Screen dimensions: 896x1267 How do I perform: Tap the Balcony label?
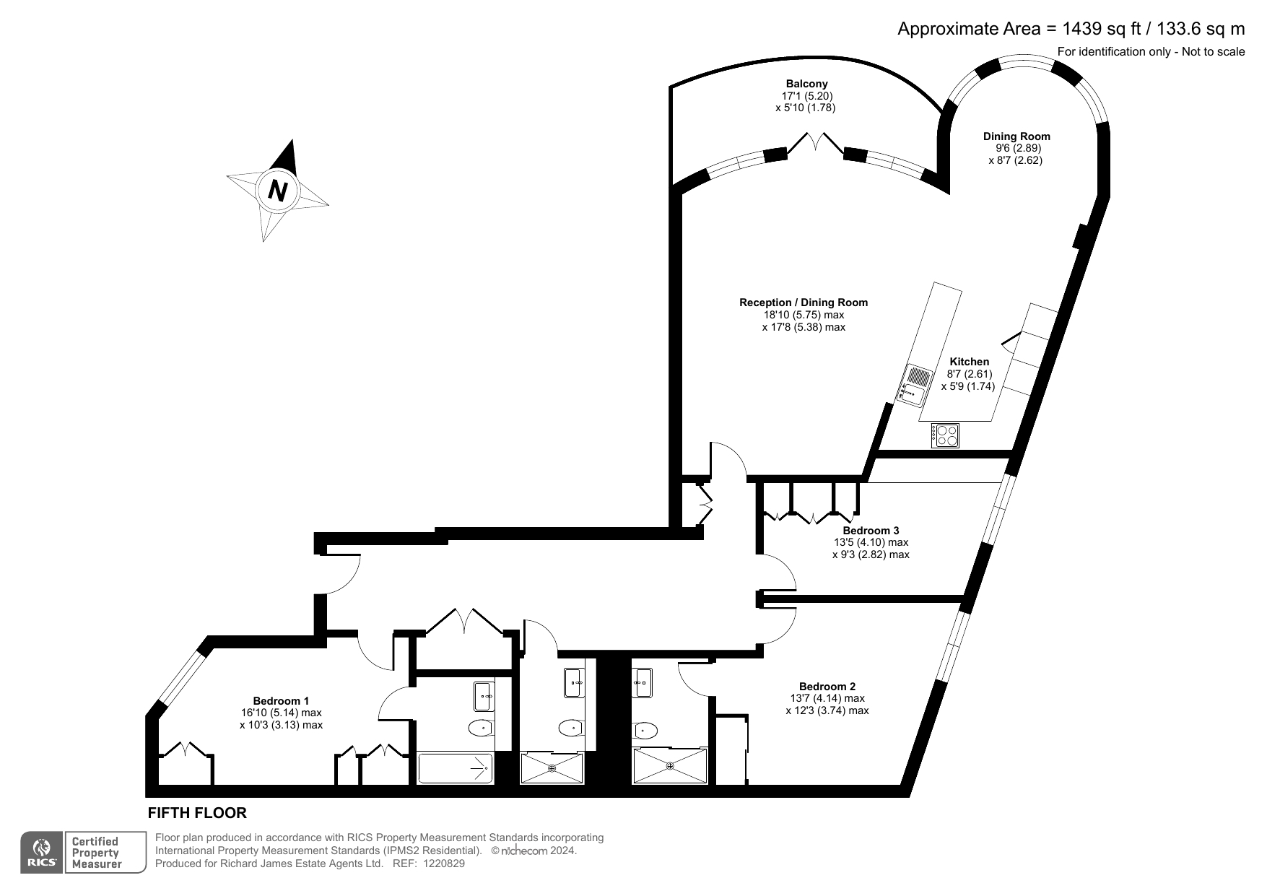[806, 84]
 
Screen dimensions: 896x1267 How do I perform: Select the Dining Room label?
[1016, 136]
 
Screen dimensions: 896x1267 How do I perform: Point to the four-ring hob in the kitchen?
[946, 435]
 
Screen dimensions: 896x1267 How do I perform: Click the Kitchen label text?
[969, 362]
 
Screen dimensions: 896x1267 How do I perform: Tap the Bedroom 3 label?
[871, 531]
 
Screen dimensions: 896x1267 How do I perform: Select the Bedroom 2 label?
[827, 686]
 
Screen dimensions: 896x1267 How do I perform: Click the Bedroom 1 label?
[281, 700]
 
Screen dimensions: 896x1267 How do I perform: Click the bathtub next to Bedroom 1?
[456, 769]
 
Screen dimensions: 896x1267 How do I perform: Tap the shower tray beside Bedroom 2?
[670, 767]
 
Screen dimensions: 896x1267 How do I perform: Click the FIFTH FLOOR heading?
[197, 813]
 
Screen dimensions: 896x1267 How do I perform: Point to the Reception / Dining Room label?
[803, 303]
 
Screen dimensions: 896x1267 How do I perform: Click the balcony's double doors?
[816, 144]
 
